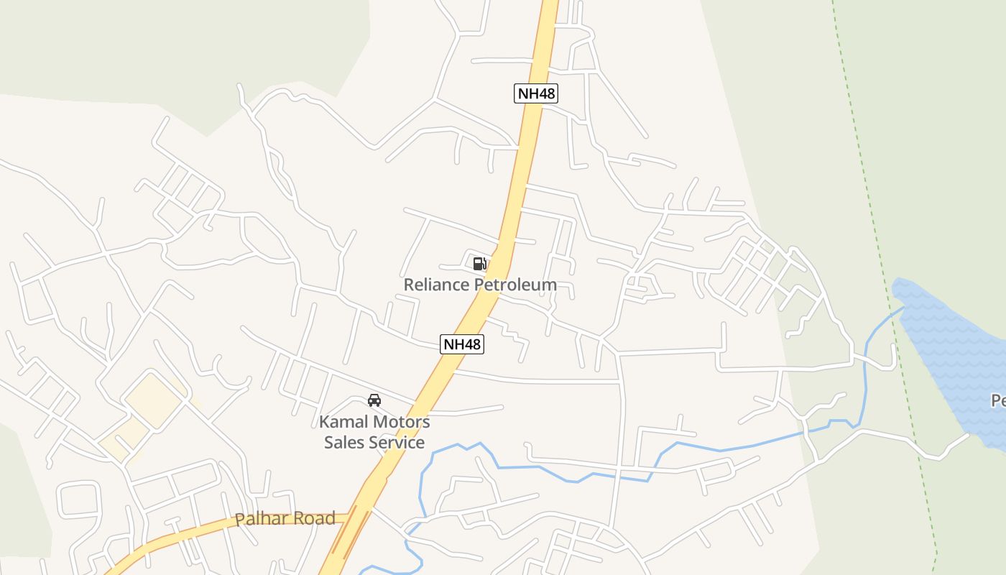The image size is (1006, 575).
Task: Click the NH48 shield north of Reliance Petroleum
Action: (x=536, y=93)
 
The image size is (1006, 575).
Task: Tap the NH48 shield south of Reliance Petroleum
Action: (x=462, y=344)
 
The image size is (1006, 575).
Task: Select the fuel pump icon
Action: (x=480, y=263)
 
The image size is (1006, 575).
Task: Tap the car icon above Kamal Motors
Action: (x=374, y=400)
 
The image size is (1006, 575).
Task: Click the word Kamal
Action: (x=344, y=422)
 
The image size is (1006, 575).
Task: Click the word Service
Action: (x=397, y=443)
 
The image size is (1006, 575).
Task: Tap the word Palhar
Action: (x=259, y=519)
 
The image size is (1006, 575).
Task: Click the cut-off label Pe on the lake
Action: (x=998, y=401)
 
